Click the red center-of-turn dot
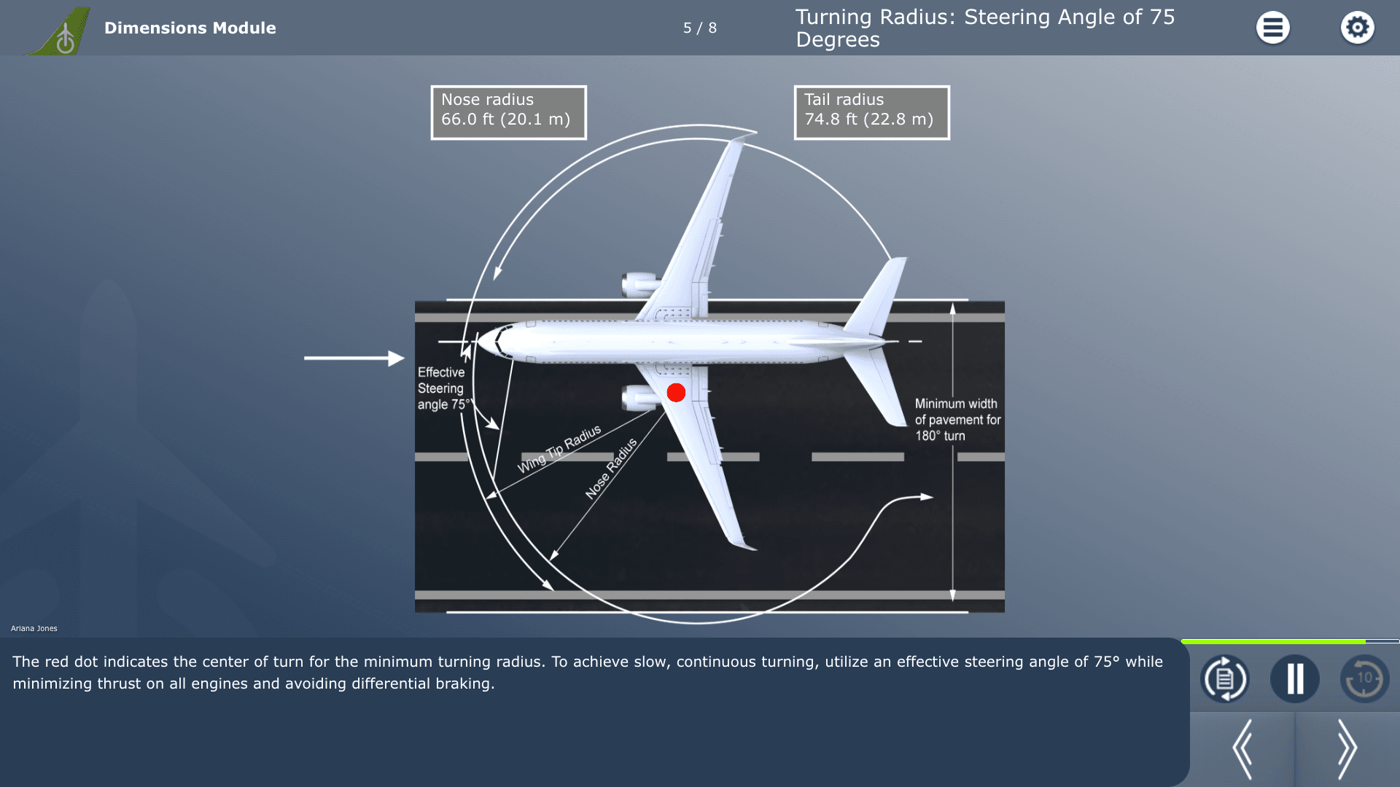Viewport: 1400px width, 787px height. click(676, 393)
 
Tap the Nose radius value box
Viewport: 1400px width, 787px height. click(508, 113)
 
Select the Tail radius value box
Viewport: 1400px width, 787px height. click(871, 113)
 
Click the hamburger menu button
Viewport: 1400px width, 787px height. click(1272, 28)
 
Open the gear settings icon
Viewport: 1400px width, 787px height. click(1357, 28)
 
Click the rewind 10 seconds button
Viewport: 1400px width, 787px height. click(1364, 678)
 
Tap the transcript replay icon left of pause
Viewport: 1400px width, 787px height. click(1224, 678)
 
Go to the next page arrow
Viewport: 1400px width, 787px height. click(1347, 749)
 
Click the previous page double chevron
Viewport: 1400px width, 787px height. click(1242, 749)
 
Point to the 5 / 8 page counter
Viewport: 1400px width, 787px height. click(700, 28)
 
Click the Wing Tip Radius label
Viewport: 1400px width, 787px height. click(559, 449)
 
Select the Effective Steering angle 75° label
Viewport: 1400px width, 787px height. click(443, 388)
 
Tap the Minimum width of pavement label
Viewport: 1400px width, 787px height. click(957, 420)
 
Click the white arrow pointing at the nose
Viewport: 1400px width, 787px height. click(354, 358)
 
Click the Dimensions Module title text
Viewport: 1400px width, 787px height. click(190, 28)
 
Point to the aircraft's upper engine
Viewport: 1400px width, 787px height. click(640, 284)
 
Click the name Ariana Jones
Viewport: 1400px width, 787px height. click(34, 628)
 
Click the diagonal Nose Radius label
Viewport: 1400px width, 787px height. click(611, 469)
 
